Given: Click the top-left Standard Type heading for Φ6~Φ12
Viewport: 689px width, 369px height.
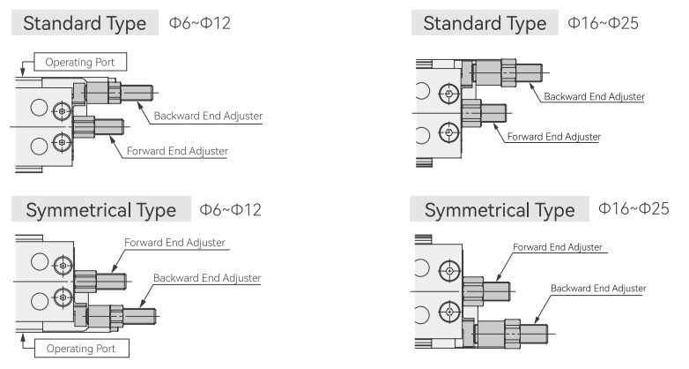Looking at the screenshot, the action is [85, 23].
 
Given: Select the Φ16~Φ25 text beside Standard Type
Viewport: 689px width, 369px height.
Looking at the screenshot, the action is [603, 23].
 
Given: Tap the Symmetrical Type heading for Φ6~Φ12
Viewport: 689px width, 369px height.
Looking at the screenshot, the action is [101, 209].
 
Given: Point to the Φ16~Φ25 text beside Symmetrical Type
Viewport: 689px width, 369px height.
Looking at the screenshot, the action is [633, 208].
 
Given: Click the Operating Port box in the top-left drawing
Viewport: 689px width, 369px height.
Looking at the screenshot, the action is [80, 62].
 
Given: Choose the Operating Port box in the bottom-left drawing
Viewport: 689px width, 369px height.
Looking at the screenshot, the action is [81, 349].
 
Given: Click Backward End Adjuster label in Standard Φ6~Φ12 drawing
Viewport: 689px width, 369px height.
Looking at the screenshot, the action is [208, 116].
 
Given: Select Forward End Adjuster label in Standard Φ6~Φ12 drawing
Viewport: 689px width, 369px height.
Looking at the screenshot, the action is [177, 151].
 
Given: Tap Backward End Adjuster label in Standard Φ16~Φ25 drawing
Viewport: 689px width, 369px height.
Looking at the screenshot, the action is [594, 96].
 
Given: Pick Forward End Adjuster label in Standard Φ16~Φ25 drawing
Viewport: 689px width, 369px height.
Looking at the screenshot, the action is [553, 137].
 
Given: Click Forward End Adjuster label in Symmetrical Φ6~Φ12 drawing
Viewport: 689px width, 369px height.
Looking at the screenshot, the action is [174, 243].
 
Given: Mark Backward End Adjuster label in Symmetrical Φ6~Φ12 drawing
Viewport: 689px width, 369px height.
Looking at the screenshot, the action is [207, 278].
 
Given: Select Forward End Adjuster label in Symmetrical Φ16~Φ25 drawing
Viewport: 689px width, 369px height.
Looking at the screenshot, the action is [557, 247].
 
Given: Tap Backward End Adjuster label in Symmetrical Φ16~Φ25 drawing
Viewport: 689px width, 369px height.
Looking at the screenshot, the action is [598, 289].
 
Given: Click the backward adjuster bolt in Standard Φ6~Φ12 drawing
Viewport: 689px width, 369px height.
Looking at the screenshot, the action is [120, 93].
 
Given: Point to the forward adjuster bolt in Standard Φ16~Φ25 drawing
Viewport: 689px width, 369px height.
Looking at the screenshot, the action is [485, 114].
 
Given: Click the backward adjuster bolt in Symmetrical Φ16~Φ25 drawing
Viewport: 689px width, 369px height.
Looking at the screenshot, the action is [513, 334].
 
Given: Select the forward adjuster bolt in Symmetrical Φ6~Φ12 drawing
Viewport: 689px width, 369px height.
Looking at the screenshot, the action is [100, 282].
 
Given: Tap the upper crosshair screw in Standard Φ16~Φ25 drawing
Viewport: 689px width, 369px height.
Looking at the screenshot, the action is [449, 94].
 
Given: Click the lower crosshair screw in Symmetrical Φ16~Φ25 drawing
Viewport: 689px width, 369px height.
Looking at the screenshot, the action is [449, 313].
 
